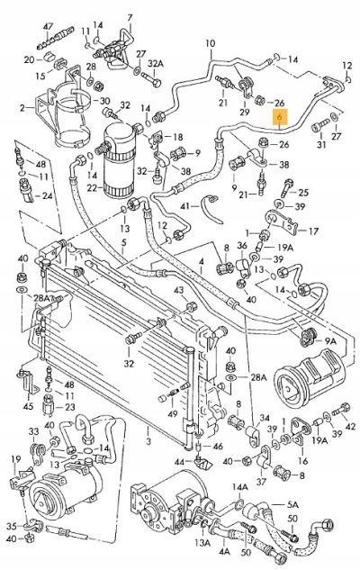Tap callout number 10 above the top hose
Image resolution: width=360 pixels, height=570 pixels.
pos(211,43)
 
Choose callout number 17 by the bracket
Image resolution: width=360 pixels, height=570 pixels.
pos(313,231)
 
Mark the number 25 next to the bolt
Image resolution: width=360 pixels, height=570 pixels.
pos(303,193)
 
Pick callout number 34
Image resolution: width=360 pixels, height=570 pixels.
pos(265,416)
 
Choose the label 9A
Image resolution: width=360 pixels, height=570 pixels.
pos(329,342)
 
